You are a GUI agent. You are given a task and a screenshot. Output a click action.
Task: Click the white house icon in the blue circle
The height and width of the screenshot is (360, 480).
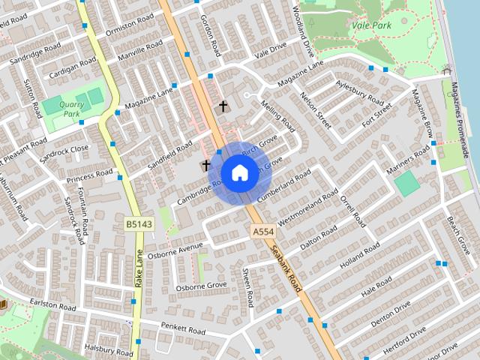point(238,172)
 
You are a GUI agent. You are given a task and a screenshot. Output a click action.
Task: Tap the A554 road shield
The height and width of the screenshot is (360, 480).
point(262,233)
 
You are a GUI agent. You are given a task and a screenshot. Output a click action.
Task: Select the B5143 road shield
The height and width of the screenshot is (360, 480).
point(134,223)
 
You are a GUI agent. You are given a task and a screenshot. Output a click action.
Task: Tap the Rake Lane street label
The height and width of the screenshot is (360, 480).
point(139,270)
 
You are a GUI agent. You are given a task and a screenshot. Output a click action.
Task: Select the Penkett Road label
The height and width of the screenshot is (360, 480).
point(183,328)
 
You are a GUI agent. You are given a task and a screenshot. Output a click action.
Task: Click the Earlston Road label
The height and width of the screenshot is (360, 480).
point(53,307)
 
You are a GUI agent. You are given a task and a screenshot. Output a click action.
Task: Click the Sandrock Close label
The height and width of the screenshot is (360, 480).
point(65,148)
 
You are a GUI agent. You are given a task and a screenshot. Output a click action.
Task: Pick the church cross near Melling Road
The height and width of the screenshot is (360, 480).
point(222,106)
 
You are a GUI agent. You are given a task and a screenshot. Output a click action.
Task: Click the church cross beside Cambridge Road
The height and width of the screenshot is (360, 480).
point(205,165)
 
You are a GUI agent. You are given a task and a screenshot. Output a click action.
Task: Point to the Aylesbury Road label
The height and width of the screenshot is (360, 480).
point(360,92)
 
